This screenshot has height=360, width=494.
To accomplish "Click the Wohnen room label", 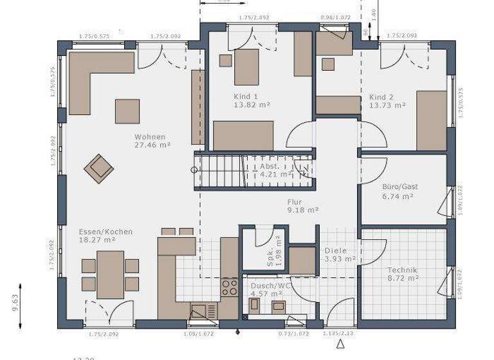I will click(150, 137).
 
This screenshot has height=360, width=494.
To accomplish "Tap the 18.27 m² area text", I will click(97, 240).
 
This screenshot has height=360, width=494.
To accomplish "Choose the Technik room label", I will click(403, 270).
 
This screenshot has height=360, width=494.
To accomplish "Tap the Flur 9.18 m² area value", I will click(304, 210).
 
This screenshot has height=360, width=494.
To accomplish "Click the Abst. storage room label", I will click(270, 165).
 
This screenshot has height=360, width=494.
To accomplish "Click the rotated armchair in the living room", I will click(98, 167).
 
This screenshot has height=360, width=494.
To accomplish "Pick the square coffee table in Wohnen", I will click(127, 111).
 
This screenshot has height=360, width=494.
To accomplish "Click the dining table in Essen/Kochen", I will click(110, 273).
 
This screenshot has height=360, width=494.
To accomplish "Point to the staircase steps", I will click(219, 172).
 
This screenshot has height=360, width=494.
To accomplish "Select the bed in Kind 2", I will click(432, 120).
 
